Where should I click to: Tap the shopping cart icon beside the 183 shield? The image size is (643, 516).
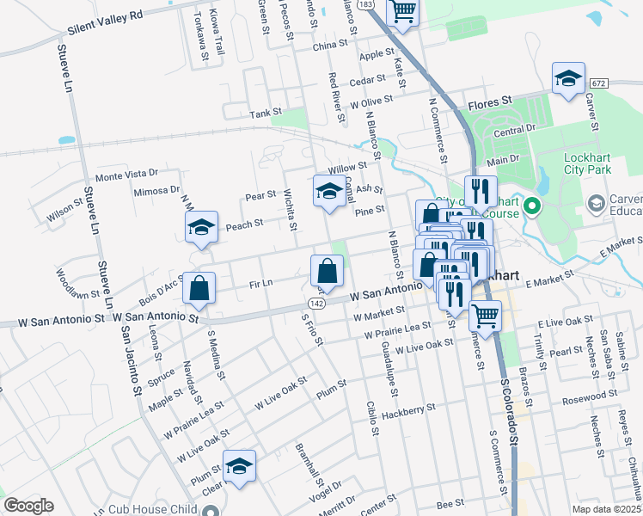point(402,11)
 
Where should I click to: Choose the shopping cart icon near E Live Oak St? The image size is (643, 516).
point(485,317)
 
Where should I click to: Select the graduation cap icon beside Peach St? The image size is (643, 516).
point(201,228)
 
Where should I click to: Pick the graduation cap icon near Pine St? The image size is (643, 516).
point(328,192)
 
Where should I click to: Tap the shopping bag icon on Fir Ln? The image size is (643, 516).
point(328,272)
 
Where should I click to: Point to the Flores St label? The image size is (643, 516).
point(490,104)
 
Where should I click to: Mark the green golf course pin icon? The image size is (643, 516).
point(531,206)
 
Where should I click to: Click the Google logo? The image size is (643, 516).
point(28,505)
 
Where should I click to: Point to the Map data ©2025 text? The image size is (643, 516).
point(607,509)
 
